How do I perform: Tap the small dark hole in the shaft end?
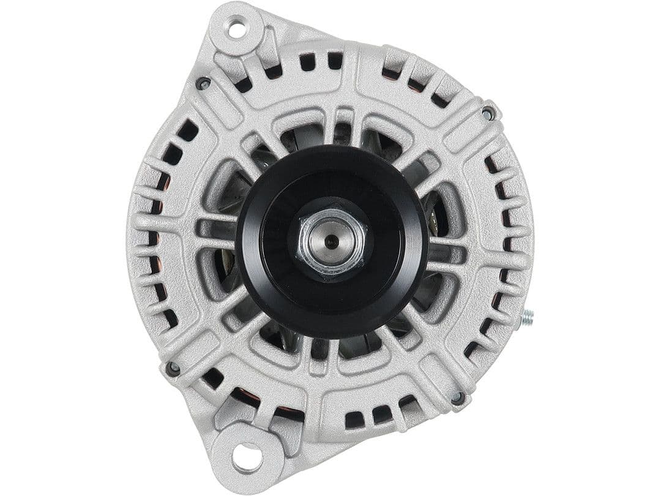pyautogui.click(x=331, y=241)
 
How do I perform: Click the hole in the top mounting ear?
pyautogui.click(x=236, y=28)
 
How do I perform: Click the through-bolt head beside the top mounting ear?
pyautogui.click(x=203, y=83)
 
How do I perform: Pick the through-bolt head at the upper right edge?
pyautogui.click(x=488, y=113)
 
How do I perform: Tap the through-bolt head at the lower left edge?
pyautogui.click(x=173, y=368)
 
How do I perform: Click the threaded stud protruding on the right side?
pyautogui.click(x=526, y=317)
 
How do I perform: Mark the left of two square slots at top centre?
pyautogui.click(x=307, y=61)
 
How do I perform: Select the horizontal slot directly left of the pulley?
pyautogui.click(x=215, y=230)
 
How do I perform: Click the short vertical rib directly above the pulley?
pyautogui.click(x=338, y=126)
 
